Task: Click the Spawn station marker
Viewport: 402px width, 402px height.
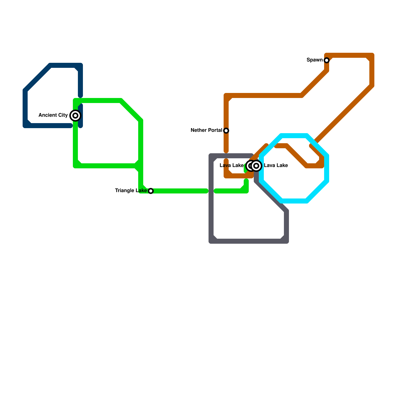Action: pos(327,60)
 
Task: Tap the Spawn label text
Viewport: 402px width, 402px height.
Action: pos(314,60)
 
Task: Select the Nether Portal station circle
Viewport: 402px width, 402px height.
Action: pos(226,131)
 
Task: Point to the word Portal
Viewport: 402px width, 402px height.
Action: pos(215,130)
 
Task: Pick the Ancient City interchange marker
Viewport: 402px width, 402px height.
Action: pos(75,116)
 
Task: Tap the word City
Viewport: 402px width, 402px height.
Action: pos(63,115)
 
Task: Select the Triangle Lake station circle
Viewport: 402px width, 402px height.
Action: pos(151,191)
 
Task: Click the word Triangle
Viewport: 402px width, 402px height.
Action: pos(125,191)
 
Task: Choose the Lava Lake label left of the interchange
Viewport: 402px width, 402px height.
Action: pos(231,166)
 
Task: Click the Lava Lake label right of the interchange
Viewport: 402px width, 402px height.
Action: pos(276,166)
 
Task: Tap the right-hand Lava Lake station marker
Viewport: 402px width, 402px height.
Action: pos(256,166)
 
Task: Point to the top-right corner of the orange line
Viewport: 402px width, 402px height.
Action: pos(372,55)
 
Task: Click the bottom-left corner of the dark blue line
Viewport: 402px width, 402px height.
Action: pos(25,126)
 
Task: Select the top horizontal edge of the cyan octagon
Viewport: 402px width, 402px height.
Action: pos(294,136)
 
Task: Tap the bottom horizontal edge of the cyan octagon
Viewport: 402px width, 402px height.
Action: pos(294,201)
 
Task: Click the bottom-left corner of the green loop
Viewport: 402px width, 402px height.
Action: pos(75,166)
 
